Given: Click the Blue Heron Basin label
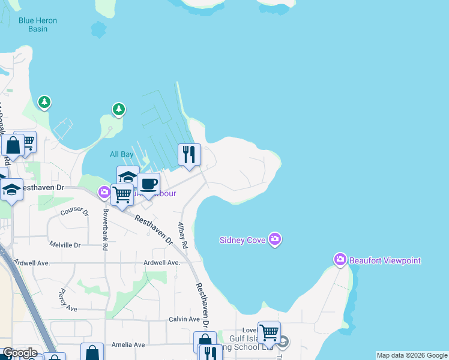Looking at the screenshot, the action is [x=37, y=25].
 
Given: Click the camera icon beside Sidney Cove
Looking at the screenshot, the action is [x=275, y=239].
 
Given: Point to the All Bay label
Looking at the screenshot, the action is [x=121, y=154].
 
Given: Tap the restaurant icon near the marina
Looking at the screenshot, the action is [x=189, y=155].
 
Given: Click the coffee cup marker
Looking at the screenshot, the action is [x=148, y=184].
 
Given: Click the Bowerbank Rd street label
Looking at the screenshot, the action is [x=104, y=230].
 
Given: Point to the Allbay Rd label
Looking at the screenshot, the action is [x=182, y=236].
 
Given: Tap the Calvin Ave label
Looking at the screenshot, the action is [x=184, y=319].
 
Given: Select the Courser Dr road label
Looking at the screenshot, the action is [x=74, y=212].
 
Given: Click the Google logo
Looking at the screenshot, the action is [x=19, y=353].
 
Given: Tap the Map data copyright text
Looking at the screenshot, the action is [x=412, y=355].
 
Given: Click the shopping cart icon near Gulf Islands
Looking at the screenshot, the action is [x=269, y=332].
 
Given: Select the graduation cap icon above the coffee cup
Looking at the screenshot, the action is [x=127, y=176].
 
